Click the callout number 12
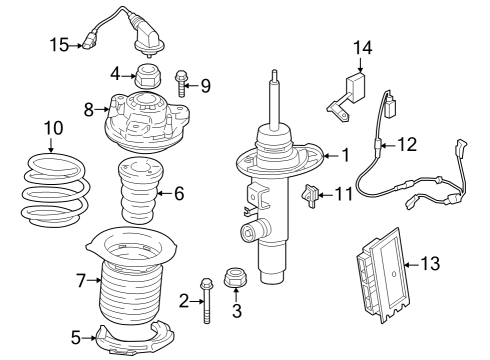(406, 144)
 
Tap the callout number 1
(346, 155)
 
